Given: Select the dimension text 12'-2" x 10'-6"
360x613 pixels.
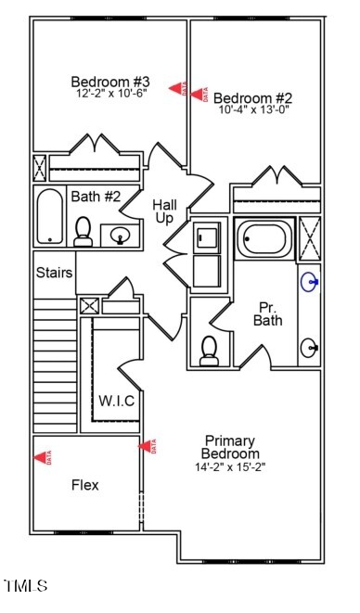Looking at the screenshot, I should tap(109, 94).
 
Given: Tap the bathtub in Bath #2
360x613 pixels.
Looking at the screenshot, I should tap(50, 217).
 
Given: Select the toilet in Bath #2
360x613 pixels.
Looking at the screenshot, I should tap(84, 232).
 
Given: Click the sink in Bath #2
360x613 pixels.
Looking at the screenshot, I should tap(120, 236).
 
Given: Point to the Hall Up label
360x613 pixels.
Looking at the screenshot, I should tap(164, 211).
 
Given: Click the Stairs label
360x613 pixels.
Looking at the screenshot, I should tap(55, 273).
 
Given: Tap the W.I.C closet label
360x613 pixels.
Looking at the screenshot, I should tap(117, 401).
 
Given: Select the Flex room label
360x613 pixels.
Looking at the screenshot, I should tap(85, 484).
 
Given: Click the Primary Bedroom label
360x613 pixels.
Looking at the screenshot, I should tap(230, 447).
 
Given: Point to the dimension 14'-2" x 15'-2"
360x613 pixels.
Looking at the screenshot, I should tap(230, 467).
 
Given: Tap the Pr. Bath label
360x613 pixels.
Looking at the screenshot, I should tap(268, 313).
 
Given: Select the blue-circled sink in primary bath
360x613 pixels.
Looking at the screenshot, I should tap(310, 281).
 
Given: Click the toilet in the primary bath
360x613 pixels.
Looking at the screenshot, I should tap(210, 349).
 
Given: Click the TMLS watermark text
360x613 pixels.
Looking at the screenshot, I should tap(26, 585).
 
